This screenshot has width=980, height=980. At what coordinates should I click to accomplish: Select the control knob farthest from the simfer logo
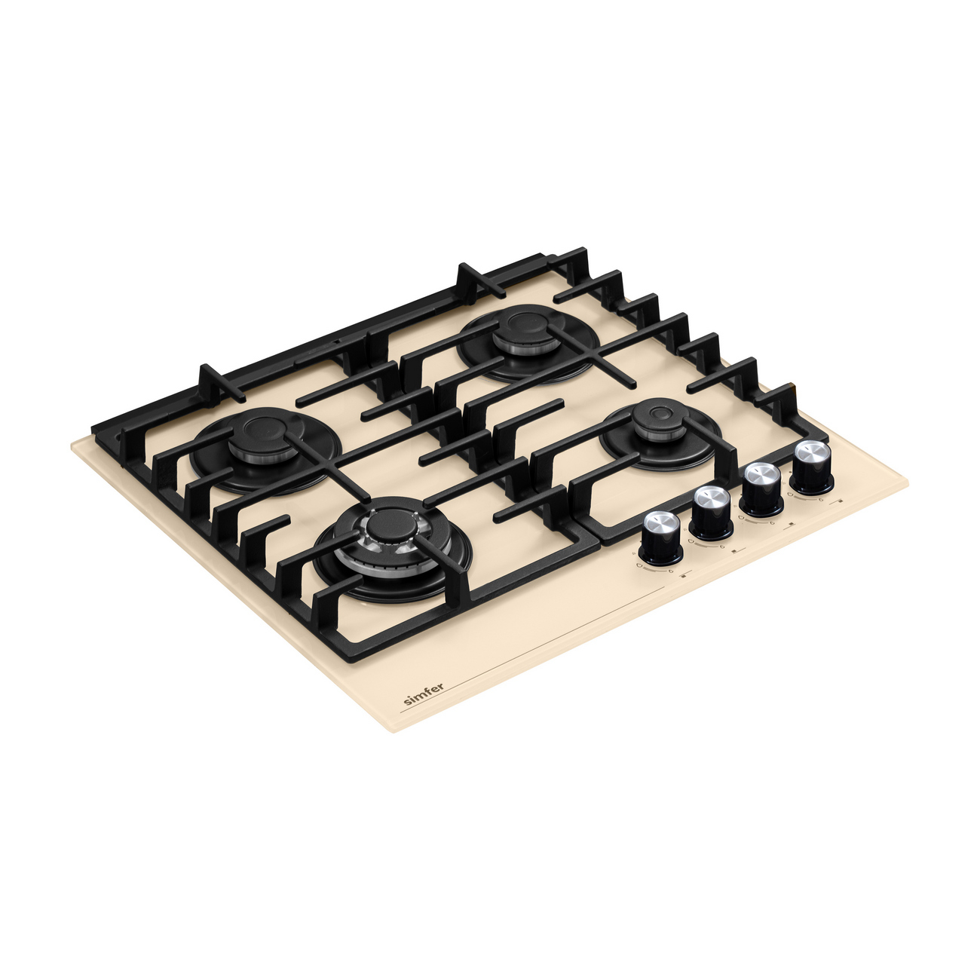click(813, 467)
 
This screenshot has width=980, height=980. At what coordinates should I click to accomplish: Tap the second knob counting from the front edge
click(712, 512)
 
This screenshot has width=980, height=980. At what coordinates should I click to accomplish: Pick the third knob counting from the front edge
click(761, 488)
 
